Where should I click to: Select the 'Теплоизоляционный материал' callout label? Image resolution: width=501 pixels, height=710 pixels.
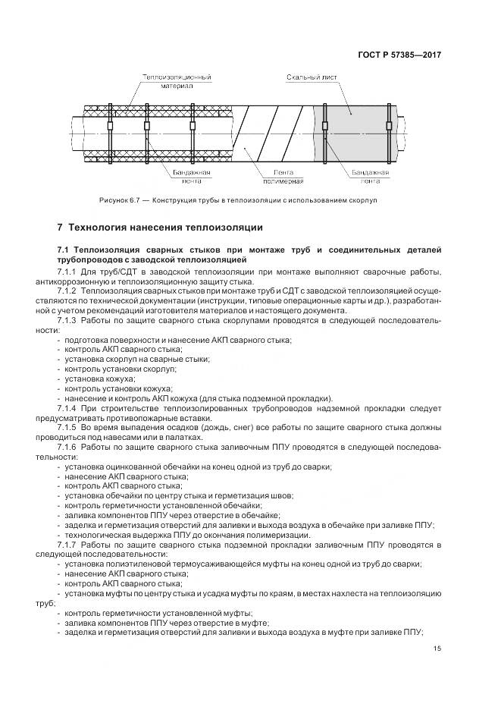(177, 82)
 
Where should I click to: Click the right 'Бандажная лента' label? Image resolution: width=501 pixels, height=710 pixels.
(370, 177)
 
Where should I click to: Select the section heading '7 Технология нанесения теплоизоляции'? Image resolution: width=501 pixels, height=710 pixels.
(161, 227)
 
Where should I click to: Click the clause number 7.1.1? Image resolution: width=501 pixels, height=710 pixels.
(68, 271)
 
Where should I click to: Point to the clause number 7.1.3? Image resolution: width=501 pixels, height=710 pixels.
(68, 320)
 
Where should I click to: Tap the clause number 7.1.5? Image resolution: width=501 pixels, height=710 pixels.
(68, 428)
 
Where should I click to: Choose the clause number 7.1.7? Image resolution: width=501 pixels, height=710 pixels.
(68, 545)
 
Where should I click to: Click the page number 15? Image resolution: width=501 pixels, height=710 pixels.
(437, 648)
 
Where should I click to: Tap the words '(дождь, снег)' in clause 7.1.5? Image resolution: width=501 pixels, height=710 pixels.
(206, 428)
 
